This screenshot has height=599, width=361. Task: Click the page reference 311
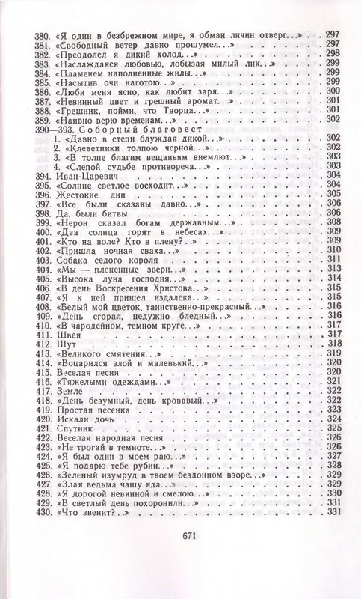[333, 259]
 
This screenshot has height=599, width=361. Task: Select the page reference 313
[333, 268]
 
